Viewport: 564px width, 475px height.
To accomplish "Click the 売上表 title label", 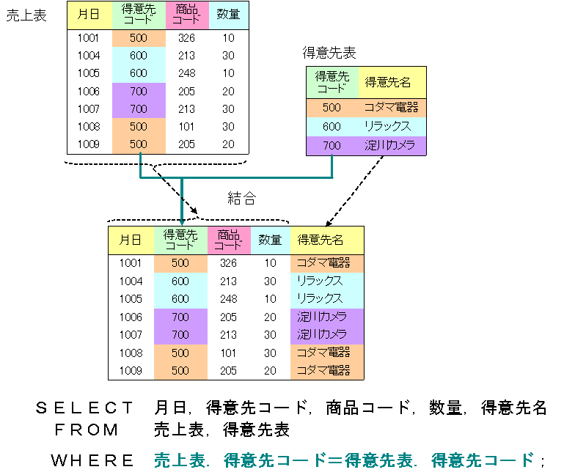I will (x=26, y=15).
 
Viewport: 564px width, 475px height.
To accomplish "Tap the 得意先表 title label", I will (x=329, y=53).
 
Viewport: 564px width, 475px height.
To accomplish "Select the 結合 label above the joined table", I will (x=242, y=198).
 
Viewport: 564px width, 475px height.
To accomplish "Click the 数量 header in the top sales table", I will (x=228, y=15).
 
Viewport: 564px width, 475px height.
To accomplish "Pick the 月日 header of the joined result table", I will (x=131, y=240).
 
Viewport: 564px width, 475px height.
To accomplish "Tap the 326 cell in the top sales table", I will (x=186, y=37).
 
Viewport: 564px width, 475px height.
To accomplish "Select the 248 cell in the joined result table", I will (x=229, y=299).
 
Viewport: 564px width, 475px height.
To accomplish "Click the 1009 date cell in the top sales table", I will (x=89, y=144).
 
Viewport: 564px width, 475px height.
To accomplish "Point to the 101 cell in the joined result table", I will (x=229, y=353).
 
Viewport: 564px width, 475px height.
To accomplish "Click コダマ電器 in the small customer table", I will (x=391, y=108).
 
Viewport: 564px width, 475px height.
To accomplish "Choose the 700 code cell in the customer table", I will (x=332, y=145).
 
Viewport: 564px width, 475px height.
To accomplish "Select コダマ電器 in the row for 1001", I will (x=323, y=262).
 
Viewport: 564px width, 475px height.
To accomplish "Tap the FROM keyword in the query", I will (x=87, y=430).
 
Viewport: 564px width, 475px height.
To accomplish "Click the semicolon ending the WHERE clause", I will (x=543, y=462).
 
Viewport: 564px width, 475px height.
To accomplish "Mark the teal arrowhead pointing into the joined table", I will (x=181, y=220).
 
